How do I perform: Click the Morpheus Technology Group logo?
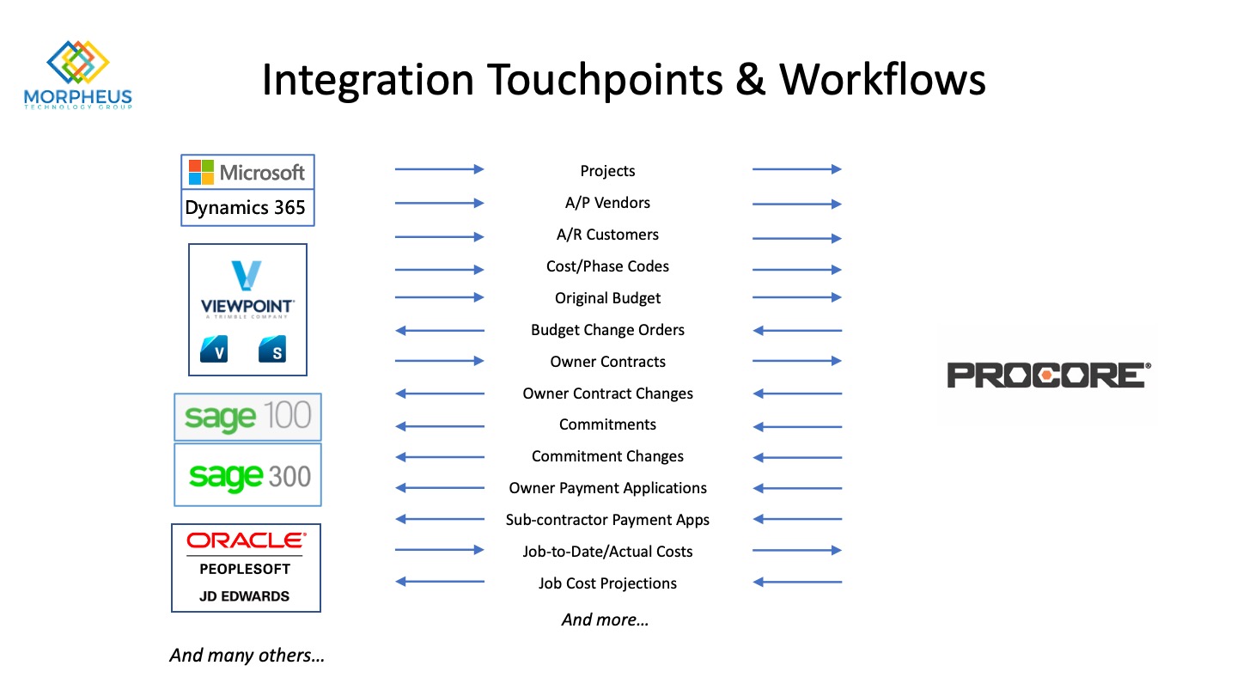coord(78,75)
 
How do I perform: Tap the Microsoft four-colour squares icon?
coord(201,173)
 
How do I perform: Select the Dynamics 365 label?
coord(245,208)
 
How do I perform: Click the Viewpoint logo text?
coord(247,306)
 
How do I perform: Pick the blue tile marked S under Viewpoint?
coord(272,349)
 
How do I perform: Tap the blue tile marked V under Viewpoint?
coord(214,349)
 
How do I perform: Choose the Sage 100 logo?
coord(248,417)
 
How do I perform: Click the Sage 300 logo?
coord(248,475)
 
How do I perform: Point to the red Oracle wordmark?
coord(247,540)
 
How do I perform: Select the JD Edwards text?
coord(244,596)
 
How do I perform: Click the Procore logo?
coord(1049,375)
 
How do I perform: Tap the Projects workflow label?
coord(607,171)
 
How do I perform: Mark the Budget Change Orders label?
coord(607,330)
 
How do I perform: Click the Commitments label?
coord(607,424)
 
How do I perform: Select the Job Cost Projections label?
coord(607,583)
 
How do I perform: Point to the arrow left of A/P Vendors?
coord(440,204)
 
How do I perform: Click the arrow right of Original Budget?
coord(797,297)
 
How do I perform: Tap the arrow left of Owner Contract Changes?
coord(440,394)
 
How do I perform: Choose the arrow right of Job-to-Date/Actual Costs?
coord(797,550)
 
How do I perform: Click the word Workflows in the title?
coord(882,80)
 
